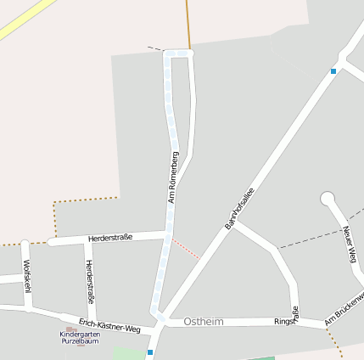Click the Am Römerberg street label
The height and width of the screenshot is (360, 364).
point(174,177)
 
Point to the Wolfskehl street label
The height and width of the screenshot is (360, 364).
point(27,276)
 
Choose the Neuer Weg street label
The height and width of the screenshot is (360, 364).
point(349,245)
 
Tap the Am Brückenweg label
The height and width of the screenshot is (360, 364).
point(345,310)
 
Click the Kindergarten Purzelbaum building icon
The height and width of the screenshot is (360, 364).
point(70,329)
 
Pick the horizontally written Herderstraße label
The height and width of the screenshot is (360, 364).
point(109,238)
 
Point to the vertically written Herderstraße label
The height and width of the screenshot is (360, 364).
point(90,282)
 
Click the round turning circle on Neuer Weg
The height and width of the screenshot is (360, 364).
point(328,199)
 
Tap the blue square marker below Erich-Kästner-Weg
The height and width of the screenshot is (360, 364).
point(150,352)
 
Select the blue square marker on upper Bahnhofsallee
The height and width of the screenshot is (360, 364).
point(333,71)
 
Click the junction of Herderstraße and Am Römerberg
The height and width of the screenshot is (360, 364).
point(166,234)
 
